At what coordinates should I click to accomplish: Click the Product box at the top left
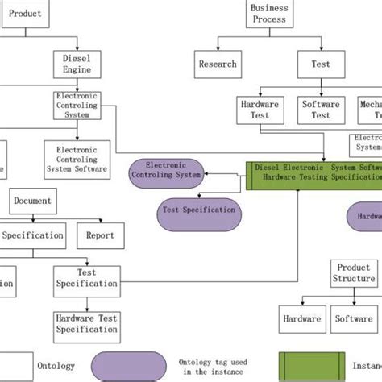[25, 12]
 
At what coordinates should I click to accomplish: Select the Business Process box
[269, 14]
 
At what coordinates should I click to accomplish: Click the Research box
[218, 64]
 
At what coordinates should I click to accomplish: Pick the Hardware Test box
[260, 110]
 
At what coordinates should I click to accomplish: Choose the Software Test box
[321, 110]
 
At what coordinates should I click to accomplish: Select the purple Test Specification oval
[198, 209]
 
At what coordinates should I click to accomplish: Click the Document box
[32, 201]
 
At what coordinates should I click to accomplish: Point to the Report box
[101, 235]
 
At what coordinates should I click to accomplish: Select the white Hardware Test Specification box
[87, 323]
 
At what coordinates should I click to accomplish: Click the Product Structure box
[354, 273]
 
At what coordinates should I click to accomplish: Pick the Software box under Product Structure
[354, 318]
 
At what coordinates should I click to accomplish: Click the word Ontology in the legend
[57, 365]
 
